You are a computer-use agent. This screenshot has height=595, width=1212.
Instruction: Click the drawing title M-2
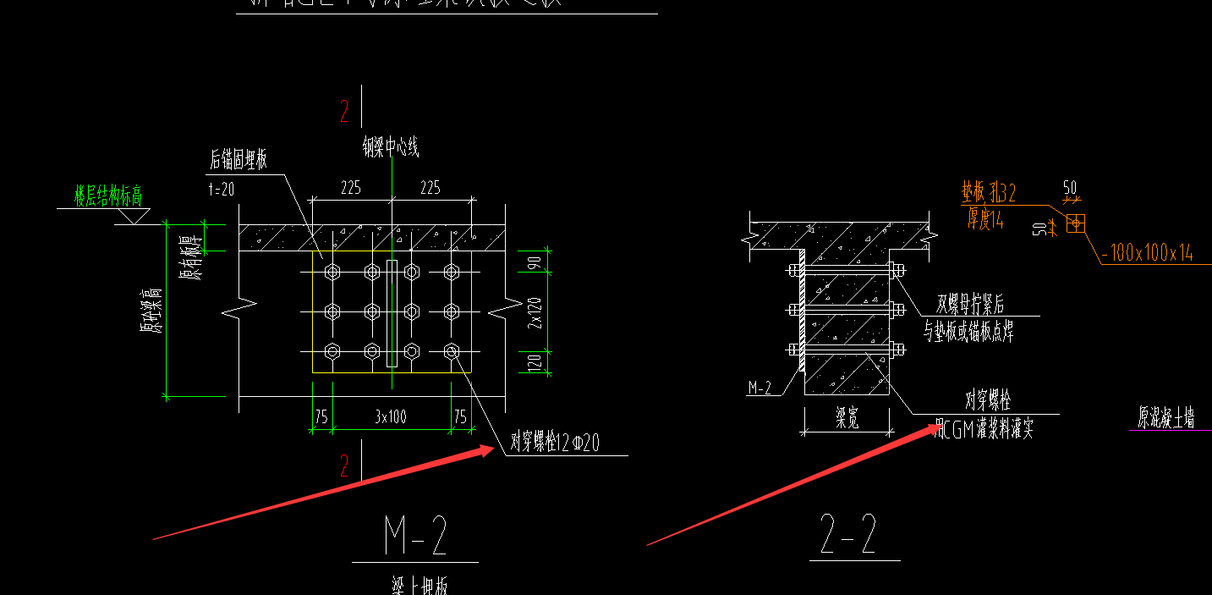click(415, 536)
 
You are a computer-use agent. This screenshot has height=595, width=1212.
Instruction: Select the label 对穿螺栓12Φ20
click(555, 443)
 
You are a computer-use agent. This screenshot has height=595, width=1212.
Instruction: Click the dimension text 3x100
click(392, 416)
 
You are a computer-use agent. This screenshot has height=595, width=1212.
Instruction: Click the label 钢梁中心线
click(391, 149)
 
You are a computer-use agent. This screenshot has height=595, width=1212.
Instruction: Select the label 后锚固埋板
click(239, 160)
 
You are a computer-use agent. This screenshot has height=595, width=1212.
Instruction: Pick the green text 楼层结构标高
click(108, 197)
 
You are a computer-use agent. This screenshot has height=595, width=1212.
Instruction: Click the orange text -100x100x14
click(1148, 253)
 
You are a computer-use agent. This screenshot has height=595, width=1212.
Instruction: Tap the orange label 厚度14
click(985, 221)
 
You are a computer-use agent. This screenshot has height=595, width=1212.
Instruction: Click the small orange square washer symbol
click(1075, 223)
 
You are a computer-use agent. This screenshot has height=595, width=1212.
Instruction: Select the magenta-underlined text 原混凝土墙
click(1165, 418)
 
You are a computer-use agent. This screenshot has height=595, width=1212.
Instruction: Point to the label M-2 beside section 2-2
click(760, 388)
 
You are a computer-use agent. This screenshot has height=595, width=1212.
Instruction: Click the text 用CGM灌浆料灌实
click(984, 431)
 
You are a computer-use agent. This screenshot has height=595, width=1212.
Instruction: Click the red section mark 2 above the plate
click(344, 111)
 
